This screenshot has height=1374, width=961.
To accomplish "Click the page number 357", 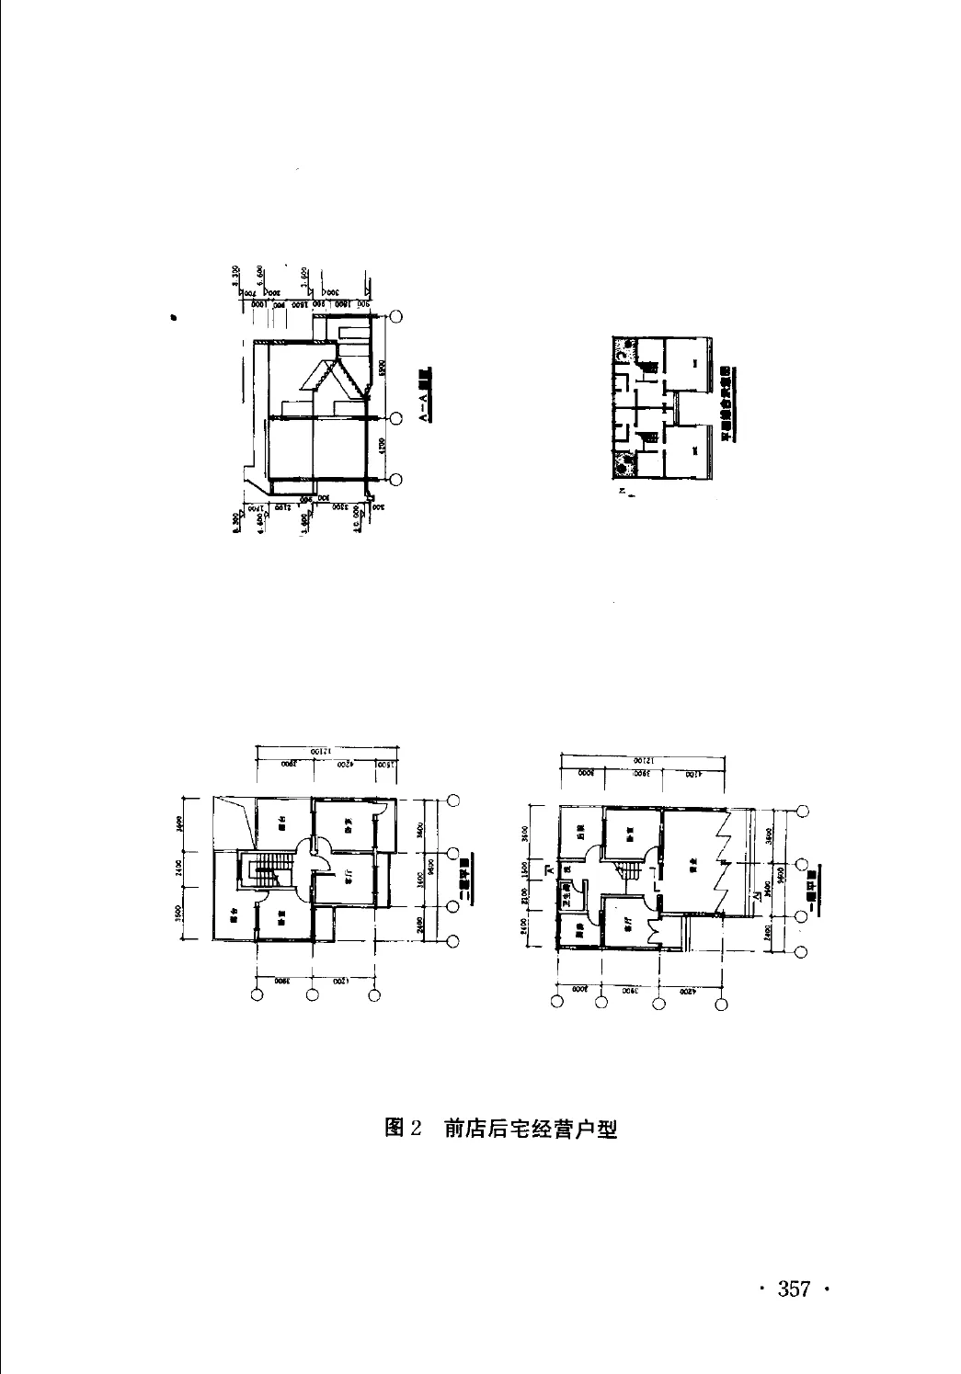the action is click(794, 1289).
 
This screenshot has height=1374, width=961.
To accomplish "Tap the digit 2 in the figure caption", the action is click(415, 1128).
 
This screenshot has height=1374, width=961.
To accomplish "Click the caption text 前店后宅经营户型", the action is click(530, 1128).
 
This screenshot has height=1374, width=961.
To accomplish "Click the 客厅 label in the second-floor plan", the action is click(349, 878).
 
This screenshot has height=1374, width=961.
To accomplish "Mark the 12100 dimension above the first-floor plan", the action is click(643, 760).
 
